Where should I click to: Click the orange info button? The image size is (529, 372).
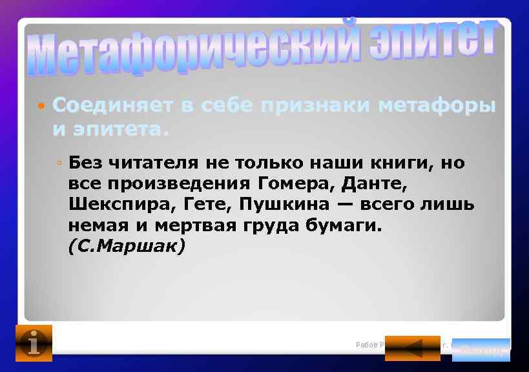pos(34,343)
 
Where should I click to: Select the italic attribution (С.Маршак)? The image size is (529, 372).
pos(126,247)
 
